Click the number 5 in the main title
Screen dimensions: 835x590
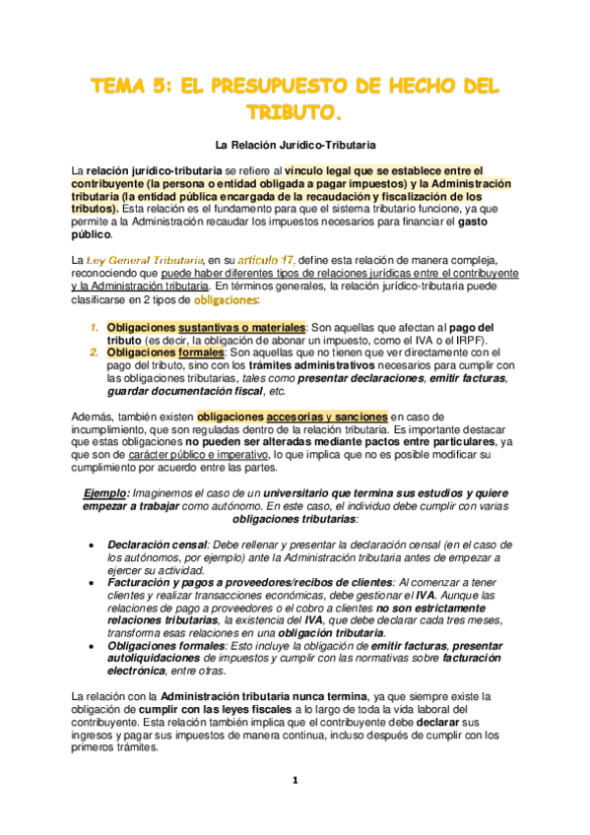[x=162, y=87]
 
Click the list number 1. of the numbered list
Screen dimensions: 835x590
[x=94, y=327]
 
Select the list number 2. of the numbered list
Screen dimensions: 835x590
[x=94, y=353]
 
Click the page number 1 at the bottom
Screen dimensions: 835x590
[x=294, y=781]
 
